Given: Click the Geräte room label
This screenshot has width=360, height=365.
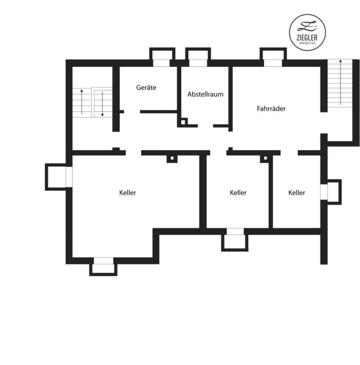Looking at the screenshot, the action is click(x=146, y=88).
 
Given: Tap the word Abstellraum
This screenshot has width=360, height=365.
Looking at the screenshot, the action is click(x=205, y=94).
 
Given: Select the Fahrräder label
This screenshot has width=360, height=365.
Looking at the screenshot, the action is click(x=271, y=108).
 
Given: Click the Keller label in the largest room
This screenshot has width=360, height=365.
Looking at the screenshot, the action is click(x=128, y=193).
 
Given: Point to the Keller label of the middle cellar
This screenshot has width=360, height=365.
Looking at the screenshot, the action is click(x=238, y=193).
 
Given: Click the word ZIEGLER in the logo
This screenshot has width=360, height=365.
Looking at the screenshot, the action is click(x=307, y=37).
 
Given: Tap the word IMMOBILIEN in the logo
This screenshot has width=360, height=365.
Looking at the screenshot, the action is click(x=307, y=43).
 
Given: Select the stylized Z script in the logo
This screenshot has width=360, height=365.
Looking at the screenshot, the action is click(x=307, y=26).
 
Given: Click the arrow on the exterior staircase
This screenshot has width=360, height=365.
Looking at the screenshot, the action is click(x=341, y=82).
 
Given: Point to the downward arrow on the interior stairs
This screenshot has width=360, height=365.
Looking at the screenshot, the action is click(x=102, y=104).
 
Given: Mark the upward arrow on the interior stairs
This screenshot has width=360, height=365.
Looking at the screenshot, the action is click(x=81, y=102).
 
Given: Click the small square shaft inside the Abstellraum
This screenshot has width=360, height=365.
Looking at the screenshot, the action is click(x=183, y=122).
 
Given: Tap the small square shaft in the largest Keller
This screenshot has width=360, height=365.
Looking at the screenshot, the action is click(x=172, y=159).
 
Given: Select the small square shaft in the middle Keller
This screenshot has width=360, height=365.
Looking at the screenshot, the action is click(x=265, y=158).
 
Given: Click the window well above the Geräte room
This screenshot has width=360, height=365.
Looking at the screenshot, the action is click(x=162, y=57).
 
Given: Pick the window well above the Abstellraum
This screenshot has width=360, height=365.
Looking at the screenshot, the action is click(x=198, y=57).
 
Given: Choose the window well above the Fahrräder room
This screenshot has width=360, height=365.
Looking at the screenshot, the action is click(x=273, y=57).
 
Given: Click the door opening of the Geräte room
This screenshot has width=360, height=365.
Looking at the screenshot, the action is click(x=132, y=112).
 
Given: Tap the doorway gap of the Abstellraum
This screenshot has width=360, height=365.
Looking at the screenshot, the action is click(x=206, y=126).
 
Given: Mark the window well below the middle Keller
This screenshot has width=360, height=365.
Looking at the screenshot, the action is click(x=235, y=240).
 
